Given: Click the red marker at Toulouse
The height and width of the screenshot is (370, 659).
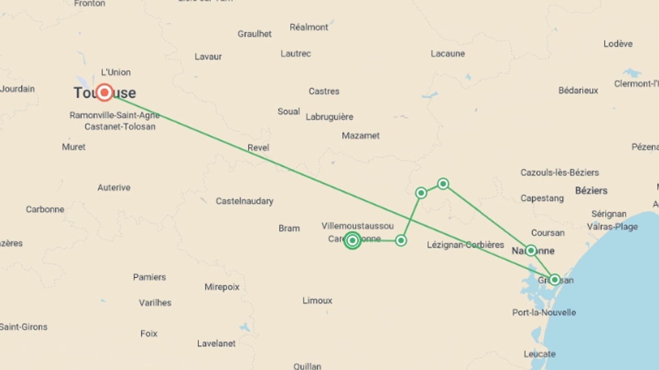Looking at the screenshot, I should point(104,92).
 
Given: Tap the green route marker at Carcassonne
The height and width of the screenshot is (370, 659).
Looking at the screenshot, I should point(352,240).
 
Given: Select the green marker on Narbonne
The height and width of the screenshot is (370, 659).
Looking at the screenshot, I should point(531,250).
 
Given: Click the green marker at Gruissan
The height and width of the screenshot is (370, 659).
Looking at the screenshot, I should point(554,280).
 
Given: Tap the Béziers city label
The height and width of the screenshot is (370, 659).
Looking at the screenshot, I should point(591,190).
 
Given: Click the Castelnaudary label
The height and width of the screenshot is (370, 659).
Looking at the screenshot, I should point(244,201).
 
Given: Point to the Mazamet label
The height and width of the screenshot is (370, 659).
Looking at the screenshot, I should point(360,136).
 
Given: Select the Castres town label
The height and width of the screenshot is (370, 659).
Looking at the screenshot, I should point(324,91).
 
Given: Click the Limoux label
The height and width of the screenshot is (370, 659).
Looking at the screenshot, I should point(317,300).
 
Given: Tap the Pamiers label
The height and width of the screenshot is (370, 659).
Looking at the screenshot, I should point(149,277).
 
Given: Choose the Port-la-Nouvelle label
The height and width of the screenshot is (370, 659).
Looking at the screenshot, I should point(544,312).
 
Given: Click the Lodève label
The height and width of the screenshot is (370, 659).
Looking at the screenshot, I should point(618,44).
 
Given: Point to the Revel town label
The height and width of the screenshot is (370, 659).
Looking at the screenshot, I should point(258,148).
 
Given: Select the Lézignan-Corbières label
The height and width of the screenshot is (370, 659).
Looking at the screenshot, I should point(465,245).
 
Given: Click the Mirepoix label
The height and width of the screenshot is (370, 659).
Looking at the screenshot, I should point(222,287).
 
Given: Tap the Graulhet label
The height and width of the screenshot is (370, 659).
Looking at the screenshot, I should point(254,34).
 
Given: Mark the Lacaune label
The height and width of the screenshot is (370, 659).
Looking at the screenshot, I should point(448,53).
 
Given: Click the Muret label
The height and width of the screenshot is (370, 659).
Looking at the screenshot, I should point(73,147).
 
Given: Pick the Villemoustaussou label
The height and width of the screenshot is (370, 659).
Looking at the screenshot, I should point(357,226).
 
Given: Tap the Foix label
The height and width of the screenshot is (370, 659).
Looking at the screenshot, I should point(149,333).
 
